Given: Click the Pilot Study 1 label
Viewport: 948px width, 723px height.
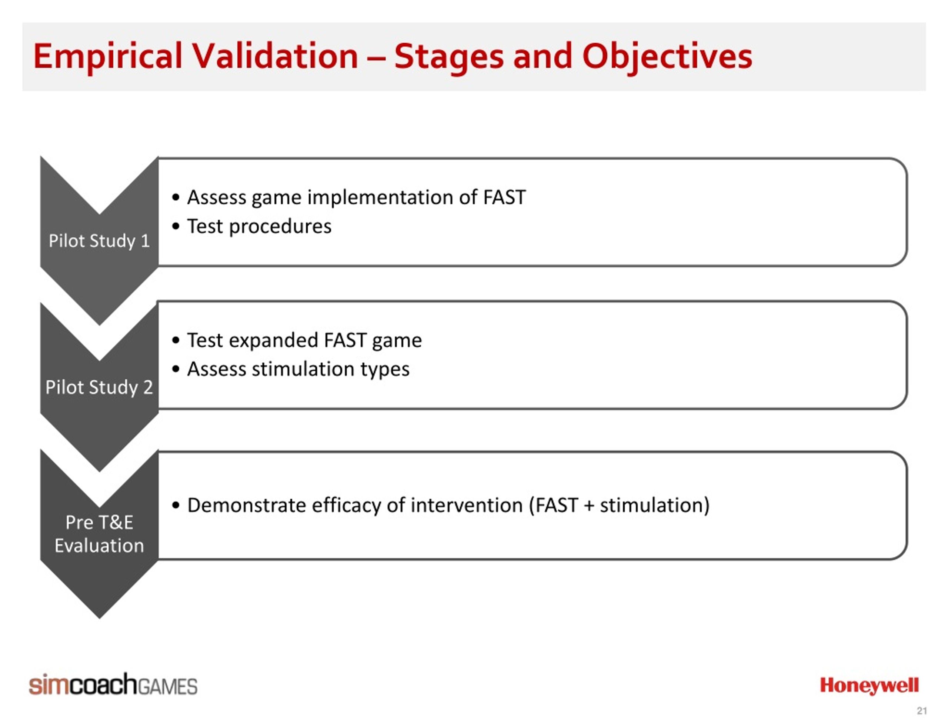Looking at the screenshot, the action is tap(99, 241).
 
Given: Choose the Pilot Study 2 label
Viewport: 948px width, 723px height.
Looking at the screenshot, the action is tap(99, 387).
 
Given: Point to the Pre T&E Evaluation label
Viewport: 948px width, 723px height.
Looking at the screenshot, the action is tap(99, 534).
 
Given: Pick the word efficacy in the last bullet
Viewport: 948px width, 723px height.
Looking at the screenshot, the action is tap(346, 506).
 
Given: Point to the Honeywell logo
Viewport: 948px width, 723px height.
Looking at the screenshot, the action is tap(869, 686).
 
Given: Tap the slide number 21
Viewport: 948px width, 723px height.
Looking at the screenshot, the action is tap(922, 710).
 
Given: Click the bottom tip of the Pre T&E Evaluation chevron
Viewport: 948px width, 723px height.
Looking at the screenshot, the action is tap(99, 619).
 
